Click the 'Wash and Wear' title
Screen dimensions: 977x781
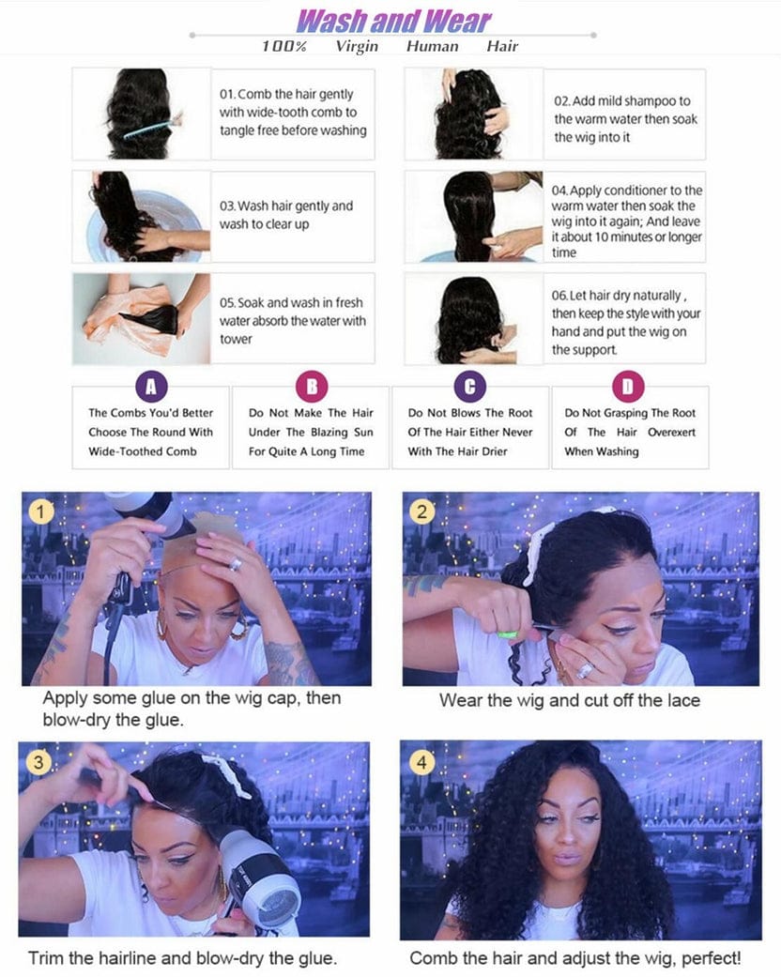pos(393,21)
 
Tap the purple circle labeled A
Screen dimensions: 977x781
pos(150,386)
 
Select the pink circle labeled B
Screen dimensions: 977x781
pos(310,386)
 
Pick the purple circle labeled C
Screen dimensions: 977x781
pos(469,386)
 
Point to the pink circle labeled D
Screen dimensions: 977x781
pos(629,386)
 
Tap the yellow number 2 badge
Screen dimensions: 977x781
pos(421,511)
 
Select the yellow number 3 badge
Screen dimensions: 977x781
pos(38,762)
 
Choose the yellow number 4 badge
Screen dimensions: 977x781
pos(421,762)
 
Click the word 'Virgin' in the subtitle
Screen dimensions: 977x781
pos(357,46)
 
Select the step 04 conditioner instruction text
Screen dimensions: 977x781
pos(626,221)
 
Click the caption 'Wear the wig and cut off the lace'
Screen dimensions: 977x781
pos(570,700)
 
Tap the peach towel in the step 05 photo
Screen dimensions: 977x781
pos(117,319)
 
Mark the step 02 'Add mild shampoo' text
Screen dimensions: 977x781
pos(625,119)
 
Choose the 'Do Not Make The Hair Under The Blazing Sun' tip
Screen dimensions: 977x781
pos(310,432)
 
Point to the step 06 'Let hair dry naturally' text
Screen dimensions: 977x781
pos(626,322)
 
